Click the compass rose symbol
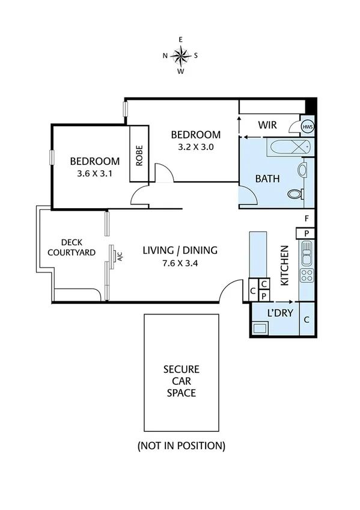[180, 55]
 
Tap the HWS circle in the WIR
[307, 127]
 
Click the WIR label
[267, 125]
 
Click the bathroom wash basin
[302, 171]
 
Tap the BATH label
[267, 179]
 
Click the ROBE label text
[139, 155]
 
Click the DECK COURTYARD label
[71, 247]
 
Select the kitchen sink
[306, 253]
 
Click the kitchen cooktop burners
[306, 275]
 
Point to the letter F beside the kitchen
[307, 218]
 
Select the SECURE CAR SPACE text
[181, 381]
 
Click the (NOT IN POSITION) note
[181, 446]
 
